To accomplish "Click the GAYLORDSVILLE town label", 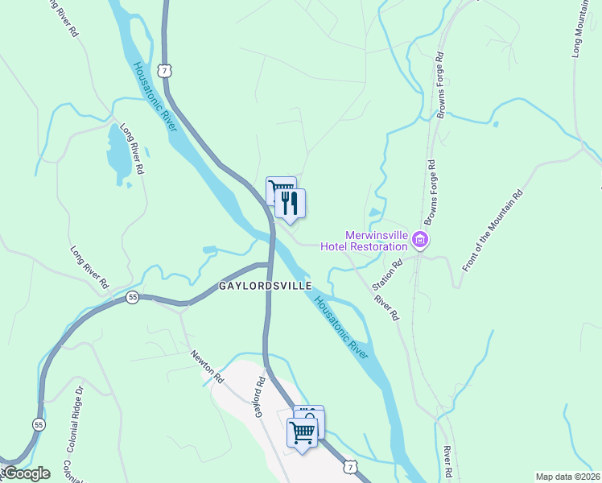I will click(x=265, y=287).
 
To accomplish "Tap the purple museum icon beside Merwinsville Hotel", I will click(x=420, y=239).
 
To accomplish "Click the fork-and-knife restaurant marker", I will click(x=291, y=204).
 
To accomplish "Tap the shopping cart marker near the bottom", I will click(x=303, y=433).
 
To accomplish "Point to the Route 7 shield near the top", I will click(x=165, y=71).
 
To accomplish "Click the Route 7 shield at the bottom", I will click(x=349, y=466).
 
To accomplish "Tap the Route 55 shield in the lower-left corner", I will click(x=39, y=423).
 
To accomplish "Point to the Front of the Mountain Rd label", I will click(x=493, y=229).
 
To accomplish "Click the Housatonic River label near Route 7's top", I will click(x=155, y=100).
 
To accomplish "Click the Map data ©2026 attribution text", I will click(x=567, y=477).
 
